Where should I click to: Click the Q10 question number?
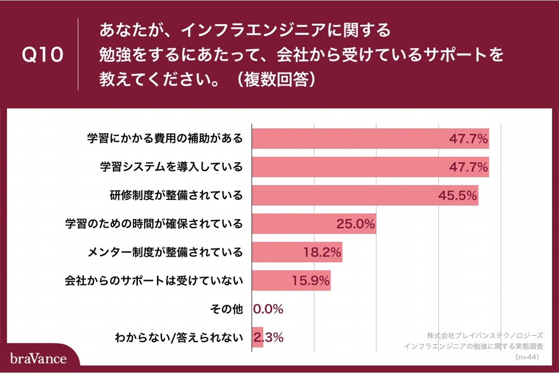coord(42,55)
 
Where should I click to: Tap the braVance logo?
coord(38,359)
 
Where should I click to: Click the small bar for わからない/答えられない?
coord(257,337)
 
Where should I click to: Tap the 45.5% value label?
coord(458,196)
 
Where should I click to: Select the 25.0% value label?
coord(356,224)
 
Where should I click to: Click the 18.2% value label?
coord(322,252)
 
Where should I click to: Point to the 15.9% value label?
coord(311,281)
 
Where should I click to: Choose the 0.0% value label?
coord(268,309)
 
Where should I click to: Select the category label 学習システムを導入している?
coord(171,167)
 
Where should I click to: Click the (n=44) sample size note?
coord(526,357)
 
